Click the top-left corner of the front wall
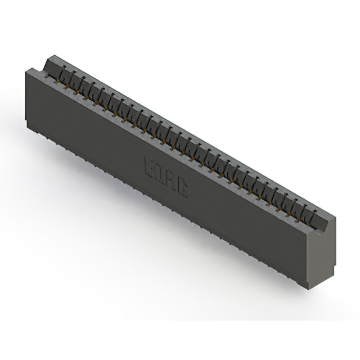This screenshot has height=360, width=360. [x=26, y=69]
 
